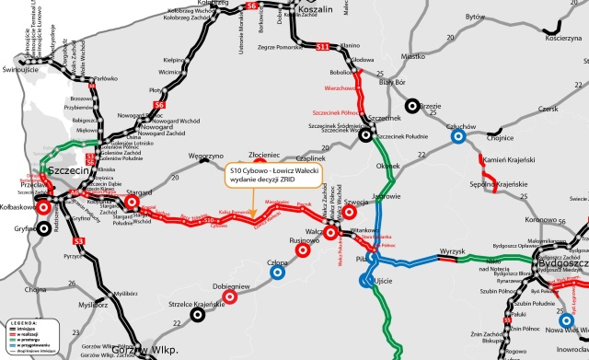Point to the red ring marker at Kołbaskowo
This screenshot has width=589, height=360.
click(43, 207)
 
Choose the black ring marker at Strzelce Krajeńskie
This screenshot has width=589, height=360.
click(197, 314)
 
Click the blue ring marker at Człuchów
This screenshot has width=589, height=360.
click(457, 137)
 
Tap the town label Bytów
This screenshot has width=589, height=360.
click(476, 17)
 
